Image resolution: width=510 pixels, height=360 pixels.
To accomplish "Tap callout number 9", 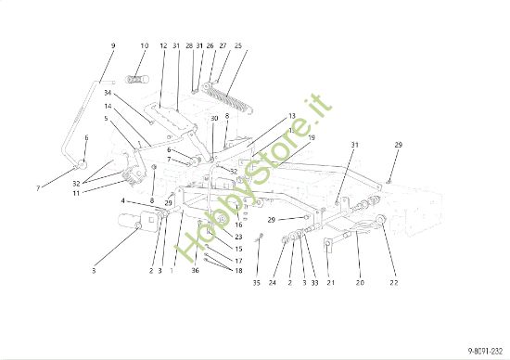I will [113, 45].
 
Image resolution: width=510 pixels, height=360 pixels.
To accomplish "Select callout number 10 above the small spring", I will [145, 45].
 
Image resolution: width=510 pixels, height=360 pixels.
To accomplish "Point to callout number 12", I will [163, 45].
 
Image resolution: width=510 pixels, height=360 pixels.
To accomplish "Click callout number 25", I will [239, 45].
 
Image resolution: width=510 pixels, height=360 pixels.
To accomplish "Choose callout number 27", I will [223, 45].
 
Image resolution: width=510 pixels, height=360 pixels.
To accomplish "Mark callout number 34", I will [108, 93].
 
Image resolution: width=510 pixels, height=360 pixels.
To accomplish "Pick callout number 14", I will [108, 106].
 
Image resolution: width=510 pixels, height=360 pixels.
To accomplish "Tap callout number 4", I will [122, 200].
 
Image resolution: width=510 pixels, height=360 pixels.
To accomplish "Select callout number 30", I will [213, 118].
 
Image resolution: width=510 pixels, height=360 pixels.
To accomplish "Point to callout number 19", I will [312, 137].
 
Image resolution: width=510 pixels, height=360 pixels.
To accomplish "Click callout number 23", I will [238, 237].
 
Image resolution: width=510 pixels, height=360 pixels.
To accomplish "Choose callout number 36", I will [196, 270].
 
